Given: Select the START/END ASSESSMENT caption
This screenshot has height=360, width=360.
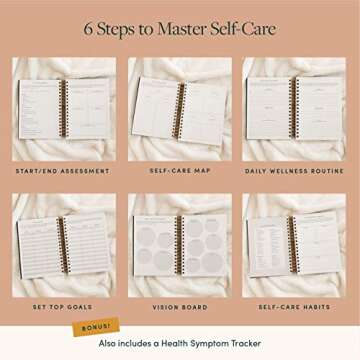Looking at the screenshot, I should [x=63, y=171].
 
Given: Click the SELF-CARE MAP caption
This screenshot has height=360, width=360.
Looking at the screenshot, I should [x=180, y=171].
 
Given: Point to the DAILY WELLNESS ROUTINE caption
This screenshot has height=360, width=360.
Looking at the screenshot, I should [x=296, y=171].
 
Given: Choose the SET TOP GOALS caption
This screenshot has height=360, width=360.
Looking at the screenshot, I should [x=63, y=307].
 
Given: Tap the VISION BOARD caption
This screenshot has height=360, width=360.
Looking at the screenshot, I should [x=180, y=307].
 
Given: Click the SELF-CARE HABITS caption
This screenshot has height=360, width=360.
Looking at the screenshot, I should [x=296, y=307].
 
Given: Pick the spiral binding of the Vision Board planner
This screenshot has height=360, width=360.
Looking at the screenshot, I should [x=181, y=245].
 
